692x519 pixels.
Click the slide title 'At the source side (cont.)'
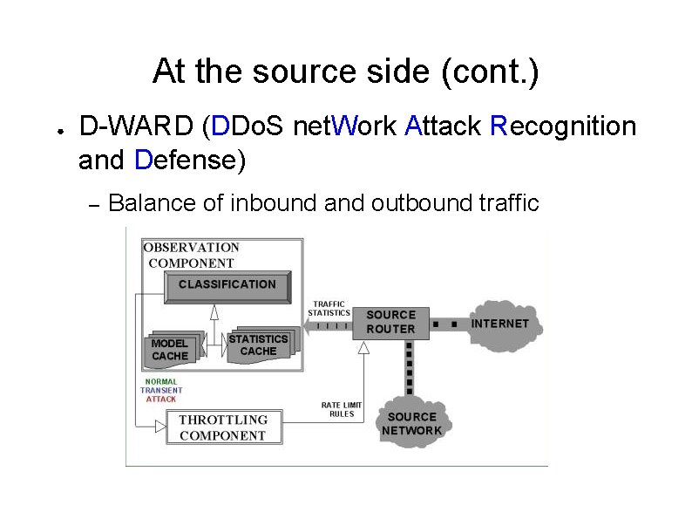345,72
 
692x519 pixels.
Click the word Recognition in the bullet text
563,127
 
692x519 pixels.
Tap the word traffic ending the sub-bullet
508,203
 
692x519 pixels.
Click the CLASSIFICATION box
227,285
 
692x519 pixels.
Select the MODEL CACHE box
170,350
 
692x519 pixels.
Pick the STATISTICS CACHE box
258,345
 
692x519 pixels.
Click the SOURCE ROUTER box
390,322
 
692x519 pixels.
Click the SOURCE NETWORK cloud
411,424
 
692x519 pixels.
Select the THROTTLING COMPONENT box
223,427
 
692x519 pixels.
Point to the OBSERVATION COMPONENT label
191,255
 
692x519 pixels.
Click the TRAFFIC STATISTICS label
329,309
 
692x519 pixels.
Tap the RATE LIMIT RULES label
341,409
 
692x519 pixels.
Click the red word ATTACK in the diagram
161,399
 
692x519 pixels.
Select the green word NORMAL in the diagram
160,381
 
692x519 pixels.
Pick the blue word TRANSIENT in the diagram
161,390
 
